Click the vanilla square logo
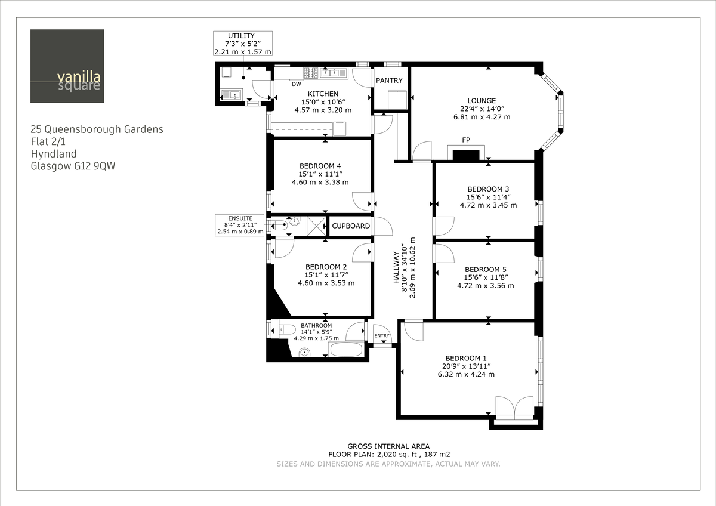pos(67,66)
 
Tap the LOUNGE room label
pos(482,101)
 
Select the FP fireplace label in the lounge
pos(466,140)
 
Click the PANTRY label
pos(389,81)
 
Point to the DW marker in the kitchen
pos(297,84)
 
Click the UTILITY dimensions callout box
pos(243,44)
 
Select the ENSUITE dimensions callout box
pos(240,225)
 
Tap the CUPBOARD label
pos(351,226)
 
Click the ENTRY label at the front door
pos(382,336)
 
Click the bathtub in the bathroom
pos(347,350)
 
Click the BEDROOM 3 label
pos(488,189)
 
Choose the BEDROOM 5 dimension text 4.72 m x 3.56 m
pos(485,285)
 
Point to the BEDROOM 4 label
pos(320,166)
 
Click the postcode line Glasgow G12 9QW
pos(73,166)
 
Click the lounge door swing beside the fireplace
pos(422,151)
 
